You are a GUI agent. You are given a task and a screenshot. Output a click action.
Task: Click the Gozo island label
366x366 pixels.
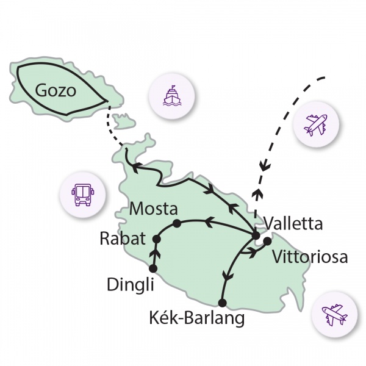56,90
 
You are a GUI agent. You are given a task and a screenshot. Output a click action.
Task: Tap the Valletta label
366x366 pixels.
293,224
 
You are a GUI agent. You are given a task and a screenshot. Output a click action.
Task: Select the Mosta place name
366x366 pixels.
153,209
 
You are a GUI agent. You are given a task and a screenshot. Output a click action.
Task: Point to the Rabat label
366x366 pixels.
123,239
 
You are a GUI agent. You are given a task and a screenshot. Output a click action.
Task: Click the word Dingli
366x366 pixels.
131,284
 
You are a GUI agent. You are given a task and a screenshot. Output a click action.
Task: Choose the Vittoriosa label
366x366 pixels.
310,257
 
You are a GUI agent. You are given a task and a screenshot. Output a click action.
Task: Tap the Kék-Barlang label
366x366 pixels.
197,318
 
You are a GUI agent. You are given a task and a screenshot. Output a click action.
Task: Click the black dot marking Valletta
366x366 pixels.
256,235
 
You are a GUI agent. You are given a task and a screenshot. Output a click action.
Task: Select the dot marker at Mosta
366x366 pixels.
177,223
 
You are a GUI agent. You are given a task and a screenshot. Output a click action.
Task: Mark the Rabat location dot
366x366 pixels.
156,239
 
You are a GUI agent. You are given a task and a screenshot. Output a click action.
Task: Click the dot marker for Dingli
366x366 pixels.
153,268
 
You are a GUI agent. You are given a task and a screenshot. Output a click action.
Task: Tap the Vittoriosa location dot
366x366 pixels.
267,241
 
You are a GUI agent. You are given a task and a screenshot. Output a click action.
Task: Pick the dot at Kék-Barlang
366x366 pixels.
222,303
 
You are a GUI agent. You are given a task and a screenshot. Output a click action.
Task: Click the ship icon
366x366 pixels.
172,96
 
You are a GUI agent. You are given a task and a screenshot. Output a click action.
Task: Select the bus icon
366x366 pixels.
83,195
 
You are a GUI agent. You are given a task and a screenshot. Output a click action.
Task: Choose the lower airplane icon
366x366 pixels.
334,314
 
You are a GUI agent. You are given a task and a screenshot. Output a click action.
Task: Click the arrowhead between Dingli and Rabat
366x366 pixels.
155,253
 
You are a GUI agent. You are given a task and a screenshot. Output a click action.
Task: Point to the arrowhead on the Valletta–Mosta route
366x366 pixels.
209,222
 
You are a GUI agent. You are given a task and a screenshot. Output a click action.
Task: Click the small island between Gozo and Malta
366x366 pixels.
123,121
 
